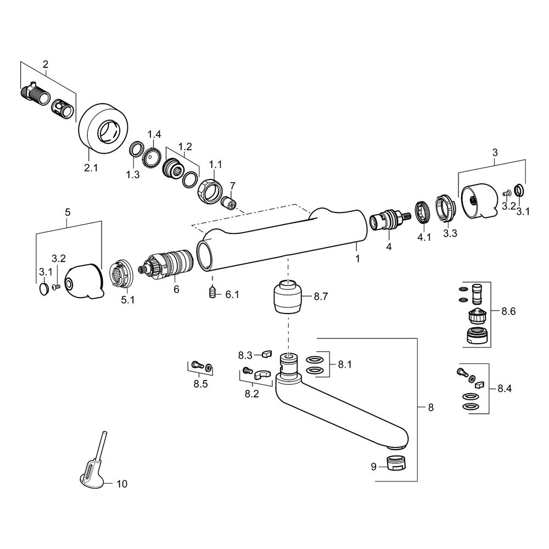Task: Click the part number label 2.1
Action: point(91,167)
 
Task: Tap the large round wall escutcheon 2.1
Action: point(103,128)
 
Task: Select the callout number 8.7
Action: point(321,296)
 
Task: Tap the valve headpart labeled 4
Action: point(389,221)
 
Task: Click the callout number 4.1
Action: point(424,237)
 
